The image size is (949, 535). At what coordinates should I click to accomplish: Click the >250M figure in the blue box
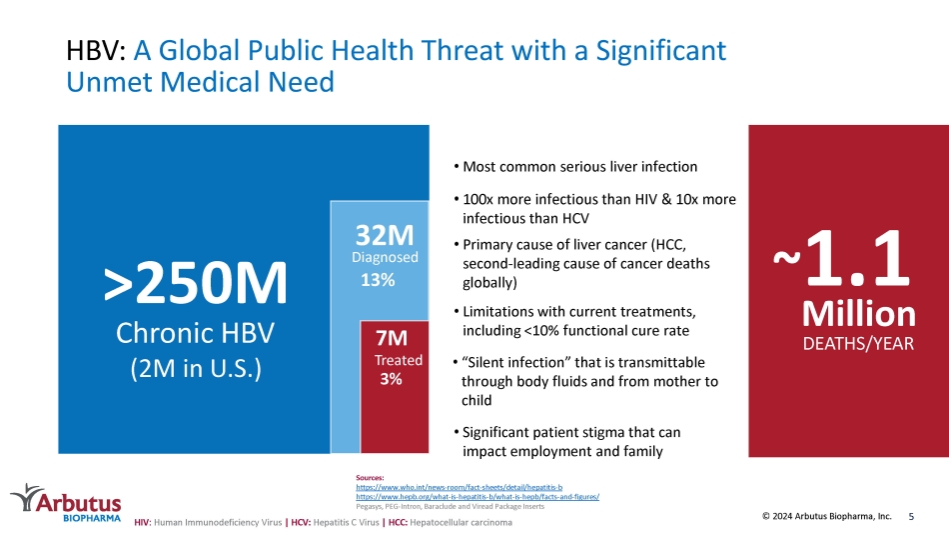click(x=195, y=283)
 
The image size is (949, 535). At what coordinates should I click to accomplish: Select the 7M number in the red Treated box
click(x=392, y=337)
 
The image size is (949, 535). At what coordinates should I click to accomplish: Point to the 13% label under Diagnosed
click(x=378, y=280)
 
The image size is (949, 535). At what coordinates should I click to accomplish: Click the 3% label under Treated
click(x=391, y=379)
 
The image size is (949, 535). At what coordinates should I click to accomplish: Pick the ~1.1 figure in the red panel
click(x=842, y=258)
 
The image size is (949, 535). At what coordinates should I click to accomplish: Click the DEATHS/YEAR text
click(x=858, y=344)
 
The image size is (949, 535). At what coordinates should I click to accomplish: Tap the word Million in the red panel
click(x=858, y=313)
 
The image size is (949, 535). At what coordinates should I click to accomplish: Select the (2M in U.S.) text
click(x=196, y=368)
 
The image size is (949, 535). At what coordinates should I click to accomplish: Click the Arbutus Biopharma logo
click(x=66, y=503)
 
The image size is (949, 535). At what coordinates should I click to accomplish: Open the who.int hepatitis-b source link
click(x=459, y=487)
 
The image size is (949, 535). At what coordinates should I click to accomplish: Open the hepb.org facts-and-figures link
click(x=477, y=497)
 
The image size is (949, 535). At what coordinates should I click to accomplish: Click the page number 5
click(x=911, y=517)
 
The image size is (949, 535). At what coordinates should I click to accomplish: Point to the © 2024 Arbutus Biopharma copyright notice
click(x=827, y=516)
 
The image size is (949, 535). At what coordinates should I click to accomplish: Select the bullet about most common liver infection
click(x=575, y=167)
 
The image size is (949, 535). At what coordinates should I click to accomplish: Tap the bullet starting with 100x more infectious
click(x=595, y=208)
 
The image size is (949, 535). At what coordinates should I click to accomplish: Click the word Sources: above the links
click(x=370, y=478)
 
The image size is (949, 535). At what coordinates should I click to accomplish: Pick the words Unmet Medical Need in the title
click(x=201, y=82)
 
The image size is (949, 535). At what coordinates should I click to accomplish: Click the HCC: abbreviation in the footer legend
click(x=398, y=522)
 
